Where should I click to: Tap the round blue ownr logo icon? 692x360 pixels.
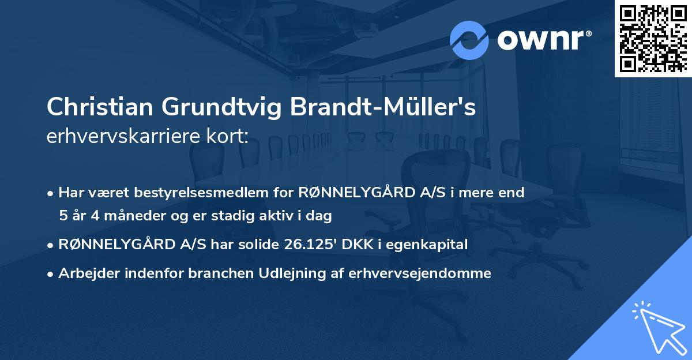pos(469,40)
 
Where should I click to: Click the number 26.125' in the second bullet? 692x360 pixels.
pos(310,245)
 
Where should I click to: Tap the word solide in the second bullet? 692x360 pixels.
pos(259,245)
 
